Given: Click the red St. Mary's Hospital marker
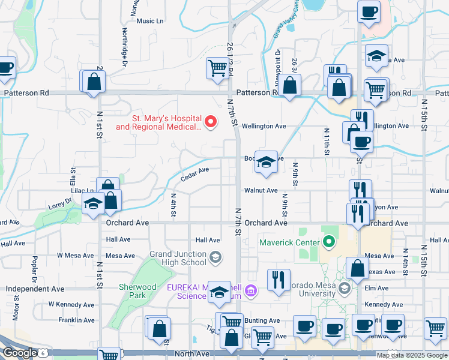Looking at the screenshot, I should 211,122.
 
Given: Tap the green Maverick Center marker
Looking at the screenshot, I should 328,242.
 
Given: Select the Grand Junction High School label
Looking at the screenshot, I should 177,258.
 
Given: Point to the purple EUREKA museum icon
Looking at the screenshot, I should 251,292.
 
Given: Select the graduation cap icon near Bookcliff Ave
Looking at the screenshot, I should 265,162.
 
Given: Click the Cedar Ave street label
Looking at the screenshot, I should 195,174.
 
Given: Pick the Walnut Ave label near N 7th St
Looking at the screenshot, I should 261,190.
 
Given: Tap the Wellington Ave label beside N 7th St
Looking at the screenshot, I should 264,126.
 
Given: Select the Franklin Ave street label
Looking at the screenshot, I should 74,320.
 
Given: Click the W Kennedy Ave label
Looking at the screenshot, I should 71,304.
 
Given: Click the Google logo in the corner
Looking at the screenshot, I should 19,353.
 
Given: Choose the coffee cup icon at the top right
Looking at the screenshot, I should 369,11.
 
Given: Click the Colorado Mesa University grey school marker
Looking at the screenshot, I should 344,289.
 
